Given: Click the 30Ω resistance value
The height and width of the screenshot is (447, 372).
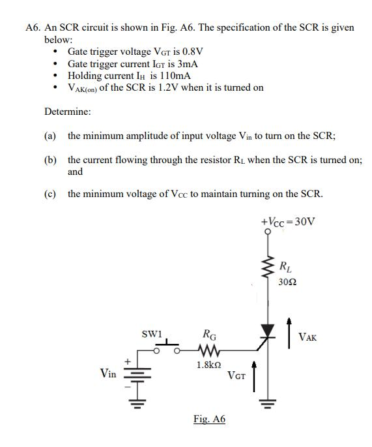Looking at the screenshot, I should click(285, 282).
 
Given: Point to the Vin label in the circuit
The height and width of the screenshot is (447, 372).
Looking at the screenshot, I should click(109, 373).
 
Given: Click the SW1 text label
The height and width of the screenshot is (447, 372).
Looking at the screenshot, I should click(151, 334).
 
